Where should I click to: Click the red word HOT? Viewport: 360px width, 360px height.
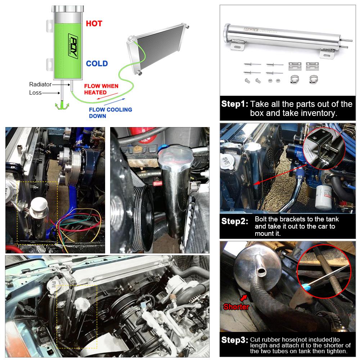94,23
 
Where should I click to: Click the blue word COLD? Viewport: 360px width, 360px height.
97,64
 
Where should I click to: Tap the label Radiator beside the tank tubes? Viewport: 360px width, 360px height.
40,84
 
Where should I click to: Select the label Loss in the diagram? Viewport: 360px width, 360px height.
35,93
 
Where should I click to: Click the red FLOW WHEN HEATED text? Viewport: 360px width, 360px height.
101,89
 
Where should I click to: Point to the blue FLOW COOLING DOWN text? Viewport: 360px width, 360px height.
111,113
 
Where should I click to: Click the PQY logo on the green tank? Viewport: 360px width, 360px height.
73,46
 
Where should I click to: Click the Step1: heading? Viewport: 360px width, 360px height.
235,104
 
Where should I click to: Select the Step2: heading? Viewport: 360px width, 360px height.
235,221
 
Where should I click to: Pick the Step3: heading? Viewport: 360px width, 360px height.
235,340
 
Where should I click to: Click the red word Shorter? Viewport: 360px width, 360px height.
236,307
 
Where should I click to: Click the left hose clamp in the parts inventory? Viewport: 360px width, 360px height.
295,80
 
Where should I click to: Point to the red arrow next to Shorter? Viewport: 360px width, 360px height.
244,298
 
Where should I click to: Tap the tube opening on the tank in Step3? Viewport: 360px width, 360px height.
261,272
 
